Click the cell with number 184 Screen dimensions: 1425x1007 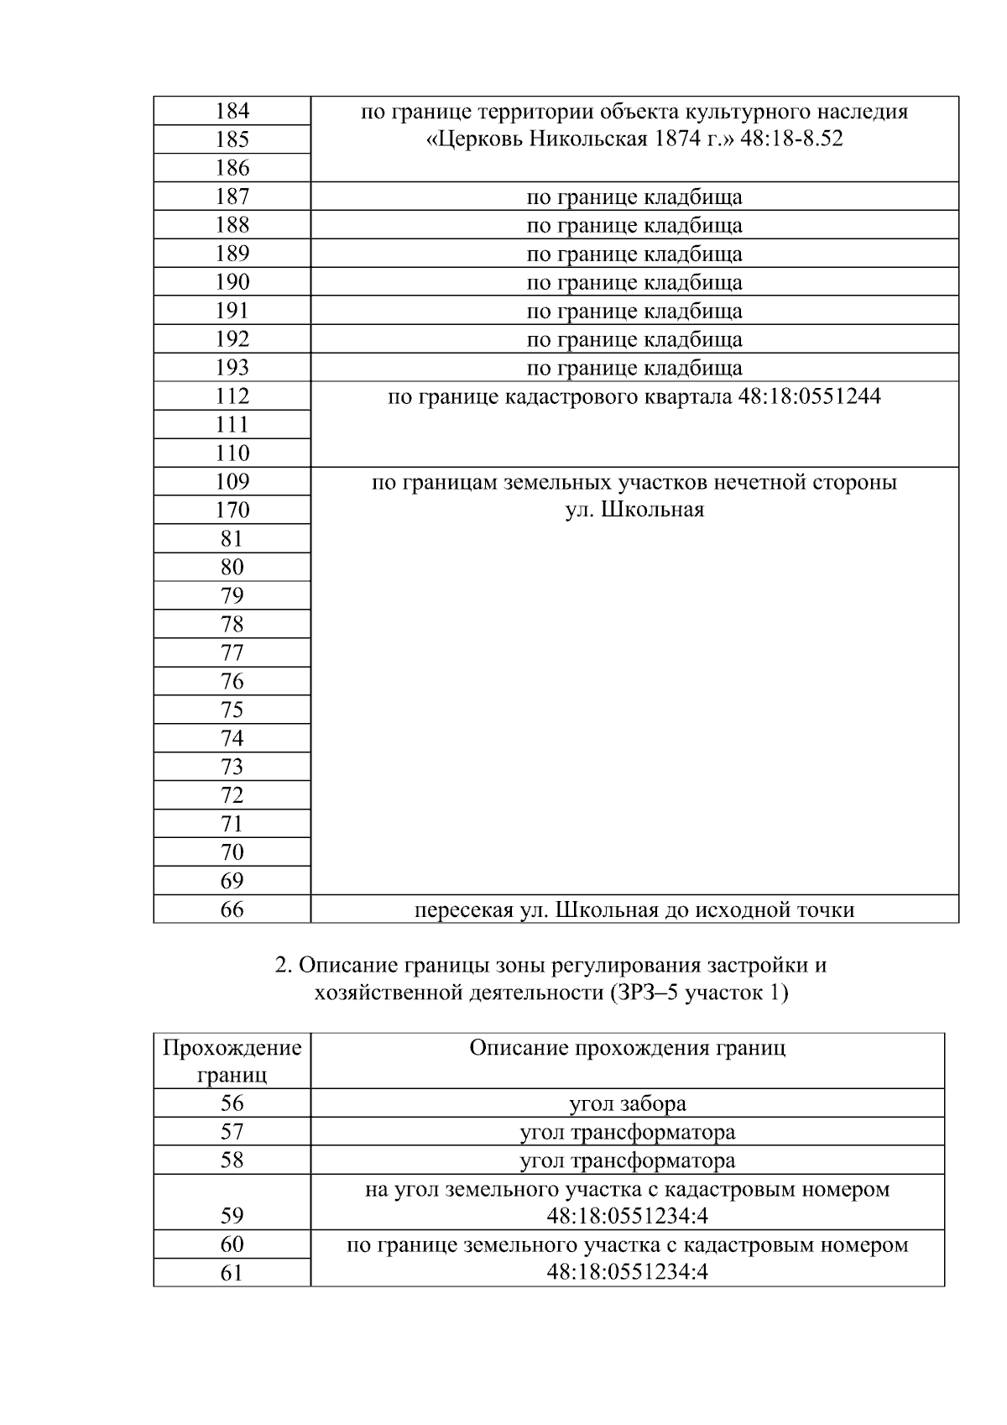click(x=232, y=111)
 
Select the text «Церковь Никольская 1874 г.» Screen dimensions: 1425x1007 click(x=580, y=139)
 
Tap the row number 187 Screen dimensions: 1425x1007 click(x=232, y=196)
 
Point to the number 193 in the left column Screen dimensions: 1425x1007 click(x=232, y=368)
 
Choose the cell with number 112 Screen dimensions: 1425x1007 click(x=232, y=396)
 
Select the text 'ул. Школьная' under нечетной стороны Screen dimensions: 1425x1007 click(x=634, y=510)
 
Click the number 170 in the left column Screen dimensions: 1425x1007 click(x=232, y=510)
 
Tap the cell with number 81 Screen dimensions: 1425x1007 click(x=232, y=538)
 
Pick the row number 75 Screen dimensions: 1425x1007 click(x=232, y=710)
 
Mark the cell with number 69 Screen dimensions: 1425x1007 click(x=232, y=881)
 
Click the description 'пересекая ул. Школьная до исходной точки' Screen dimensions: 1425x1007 click(x=634, y=909)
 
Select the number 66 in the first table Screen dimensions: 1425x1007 click(x=232, y=909)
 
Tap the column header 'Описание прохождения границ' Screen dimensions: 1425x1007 click(x=627, y=1048)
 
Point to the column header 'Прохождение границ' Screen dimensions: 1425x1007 click(x=232, y=1061)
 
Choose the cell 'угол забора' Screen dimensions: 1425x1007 click(x=627, y=1103)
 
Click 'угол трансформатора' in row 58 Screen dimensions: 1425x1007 click(x=627, y=1160)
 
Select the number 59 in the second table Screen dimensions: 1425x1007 click(x=232, y=1215)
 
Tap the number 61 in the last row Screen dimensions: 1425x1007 click(x=232, y=1272)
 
